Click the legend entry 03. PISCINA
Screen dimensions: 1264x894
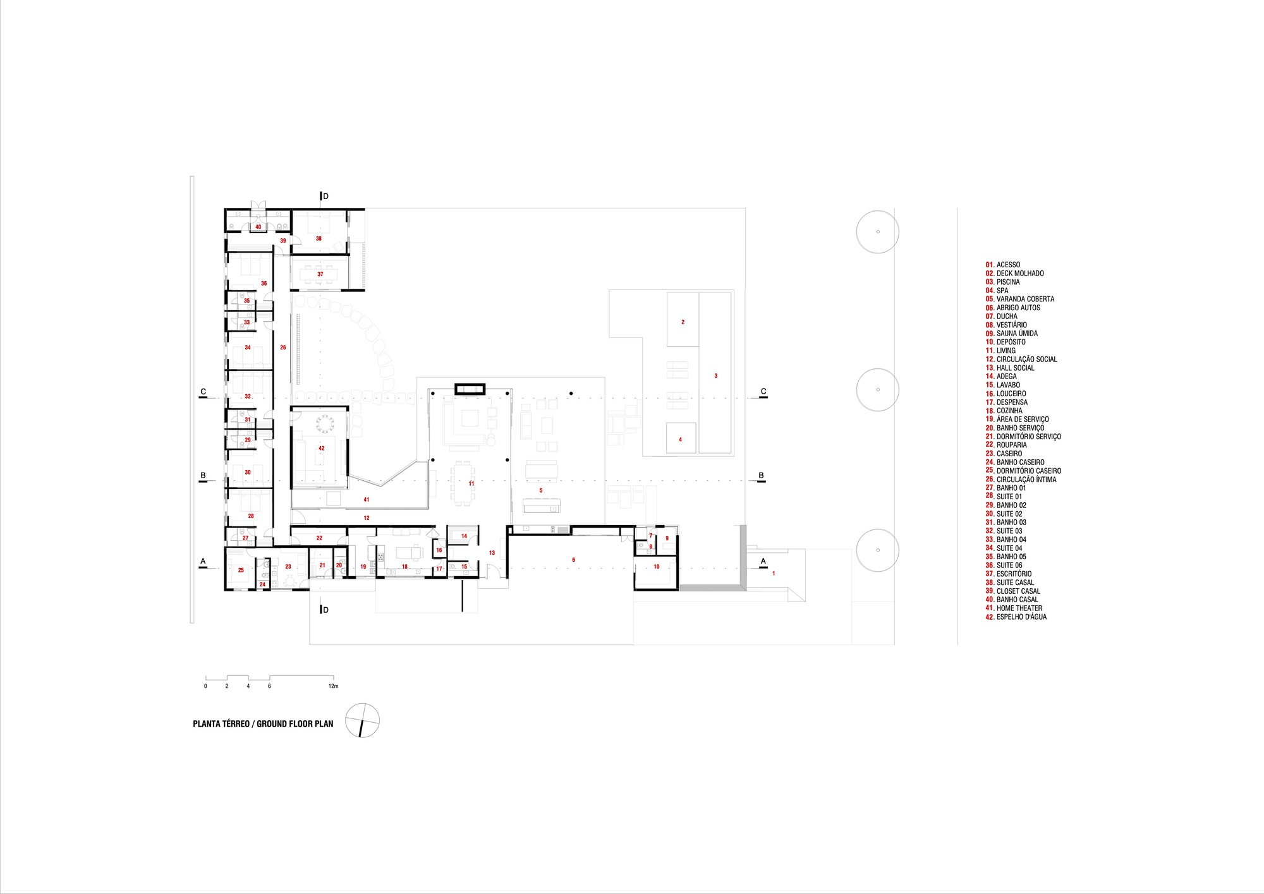pos(1002,282)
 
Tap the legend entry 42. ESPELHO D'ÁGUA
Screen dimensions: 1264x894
pos(1016,617)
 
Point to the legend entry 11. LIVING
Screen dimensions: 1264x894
pos(1000,351)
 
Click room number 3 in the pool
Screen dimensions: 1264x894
pos(716,376)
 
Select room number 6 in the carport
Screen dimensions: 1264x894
pos(573,560)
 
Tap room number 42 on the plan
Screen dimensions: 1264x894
pos(321,449)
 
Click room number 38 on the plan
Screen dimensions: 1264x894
pos(319,239)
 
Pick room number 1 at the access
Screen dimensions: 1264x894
pos(774,573)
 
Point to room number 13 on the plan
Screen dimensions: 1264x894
pos(492,553)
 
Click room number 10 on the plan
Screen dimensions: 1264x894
pos(656,567)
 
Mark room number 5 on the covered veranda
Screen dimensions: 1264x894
pos(541,490)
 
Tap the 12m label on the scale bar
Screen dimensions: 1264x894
pos(333,686)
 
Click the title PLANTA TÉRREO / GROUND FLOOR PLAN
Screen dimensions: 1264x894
pos(263,724)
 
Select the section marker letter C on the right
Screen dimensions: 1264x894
pos(763,392)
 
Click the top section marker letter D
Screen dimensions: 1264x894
pos(326,196)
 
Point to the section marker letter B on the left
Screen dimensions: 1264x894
pos(203,476)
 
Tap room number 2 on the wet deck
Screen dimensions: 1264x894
pos(683,322)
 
